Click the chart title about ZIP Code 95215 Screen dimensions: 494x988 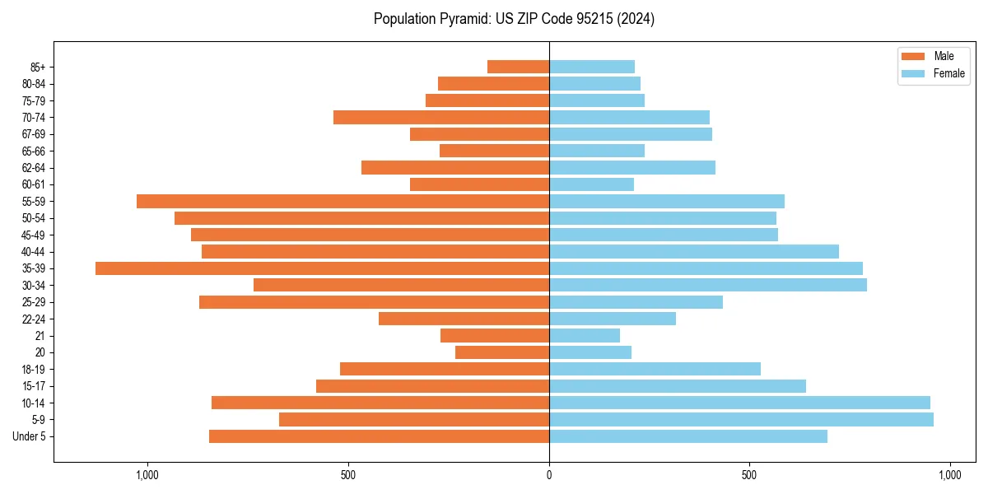pos(514,19)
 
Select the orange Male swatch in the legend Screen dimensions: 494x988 pos(913,57)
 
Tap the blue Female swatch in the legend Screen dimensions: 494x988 pos(913,73)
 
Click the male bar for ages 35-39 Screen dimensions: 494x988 pos(322,268)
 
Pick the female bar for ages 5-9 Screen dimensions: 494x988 pos(741,420)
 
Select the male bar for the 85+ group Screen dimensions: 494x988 pos(518,67)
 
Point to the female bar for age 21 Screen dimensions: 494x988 pos(585,336)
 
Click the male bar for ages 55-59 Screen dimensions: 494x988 pos(343,201)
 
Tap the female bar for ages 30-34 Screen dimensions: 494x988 pos(708,286)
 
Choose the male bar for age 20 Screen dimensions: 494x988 pos(502,352)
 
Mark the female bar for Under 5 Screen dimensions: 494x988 pos(688,436)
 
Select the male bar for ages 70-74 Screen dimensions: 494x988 pos(441,117)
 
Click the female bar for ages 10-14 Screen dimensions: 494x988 pos(739,403)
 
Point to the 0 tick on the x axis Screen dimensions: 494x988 pos(549,475)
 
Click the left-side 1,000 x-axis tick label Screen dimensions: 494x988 pos(147,475)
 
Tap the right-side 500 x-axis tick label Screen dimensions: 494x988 pos(749,475)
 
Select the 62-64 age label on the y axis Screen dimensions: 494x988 pos(34,168)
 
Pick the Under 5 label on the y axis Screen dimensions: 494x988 pos(30,436)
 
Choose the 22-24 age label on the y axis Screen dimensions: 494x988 pos(34,319)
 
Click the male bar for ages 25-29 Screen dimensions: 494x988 pos(374,302)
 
